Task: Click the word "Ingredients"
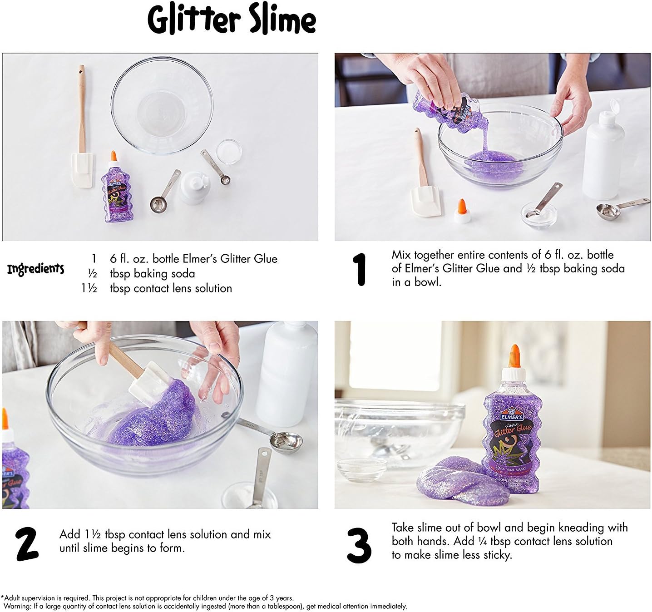[x=36, y=269]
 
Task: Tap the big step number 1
[x=360, y=269]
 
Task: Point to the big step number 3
[x=359, y=545]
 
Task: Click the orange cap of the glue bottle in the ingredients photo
[x=114, y=156]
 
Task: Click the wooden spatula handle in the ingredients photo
[x=82, y=109]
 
